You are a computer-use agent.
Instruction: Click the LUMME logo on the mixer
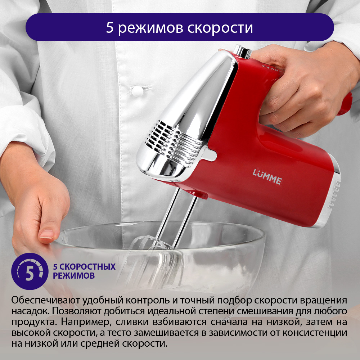(x=267, y=176)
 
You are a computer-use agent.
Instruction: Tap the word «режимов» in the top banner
(x=150, y=28)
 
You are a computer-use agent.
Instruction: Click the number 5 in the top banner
(x=110, y=27)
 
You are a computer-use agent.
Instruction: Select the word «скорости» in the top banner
(x=220, y=28)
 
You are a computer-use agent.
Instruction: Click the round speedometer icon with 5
(x=30, y=271)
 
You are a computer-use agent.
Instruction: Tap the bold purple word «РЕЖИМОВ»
(x=74, y=275)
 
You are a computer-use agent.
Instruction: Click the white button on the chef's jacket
(x=137, y=91)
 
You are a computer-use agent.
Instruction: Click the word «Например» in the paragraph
(x=86, y=322)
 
